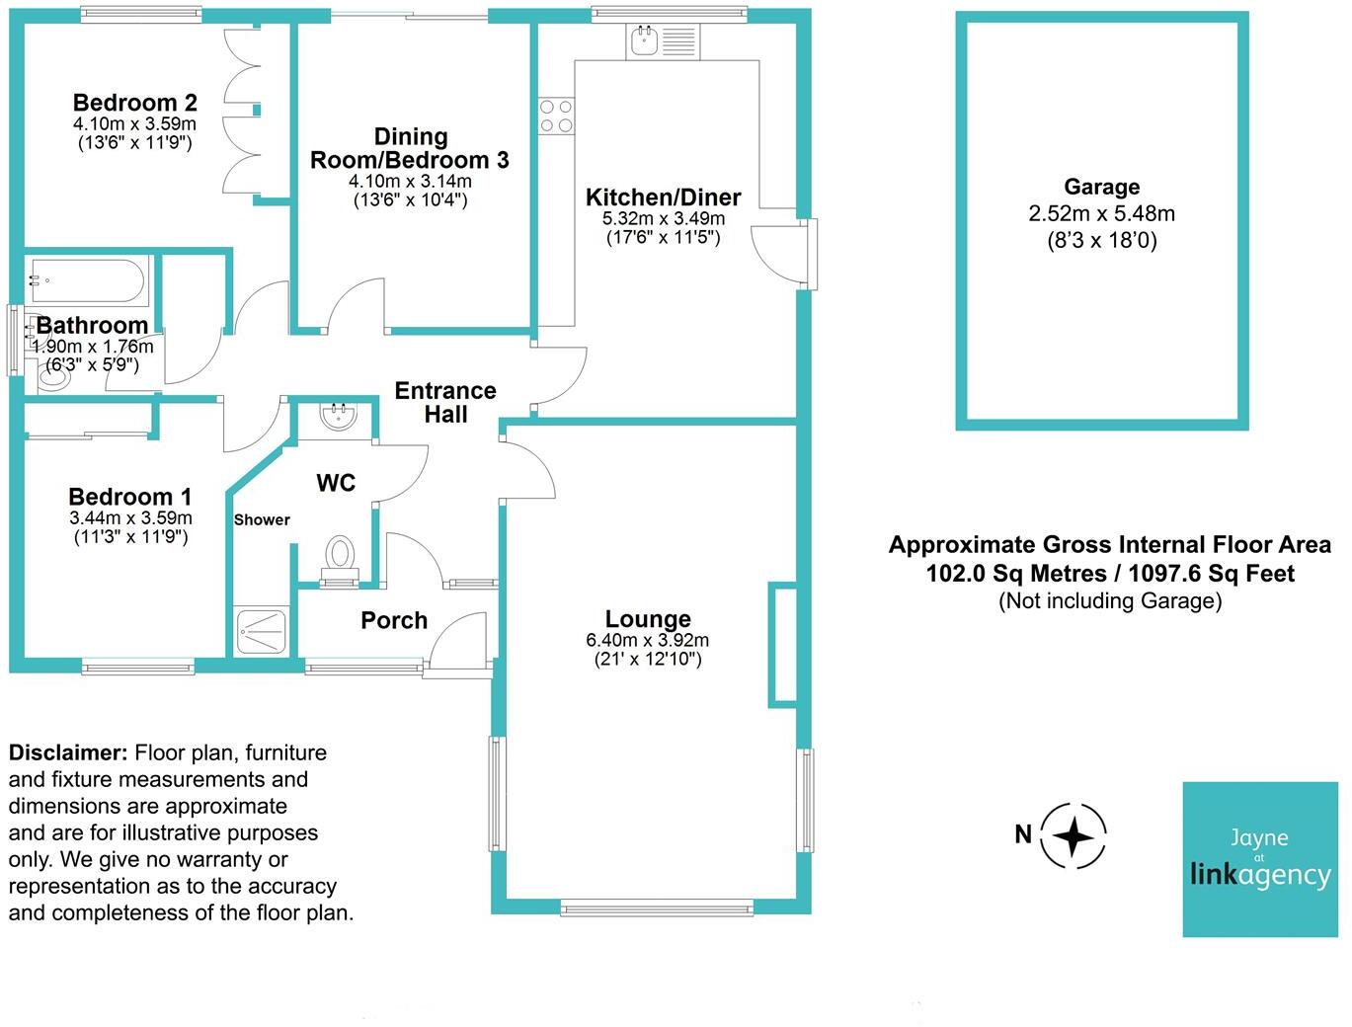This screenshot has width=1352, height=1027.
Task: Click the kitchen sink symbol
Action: click(662, 41)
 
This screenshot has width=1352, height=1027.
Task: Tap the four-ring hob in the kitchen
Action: click(556, 117)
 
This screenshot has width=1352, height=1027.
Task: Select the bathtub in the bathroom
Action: click(88, 281)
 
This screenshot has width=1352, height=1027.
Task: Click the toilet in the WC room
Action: click(340, 556)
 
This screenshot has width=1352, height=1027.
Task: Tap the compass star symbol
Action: click(1073, 836)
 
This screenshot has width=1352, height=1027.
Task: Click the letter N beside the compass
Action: click(1022, 834)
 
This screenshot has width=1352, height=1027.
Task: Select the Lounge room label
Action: click(647, 618)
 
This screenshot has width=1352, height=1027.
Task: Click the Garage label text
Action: click(1101, 186)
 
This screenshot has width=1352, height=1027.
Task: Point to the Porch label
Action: click(394, 620)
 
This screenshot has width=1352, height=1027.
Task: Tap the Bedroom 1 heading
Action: click(130, 497)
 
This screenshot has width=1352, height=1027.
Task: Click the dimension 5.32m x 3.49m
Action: click(664, 218)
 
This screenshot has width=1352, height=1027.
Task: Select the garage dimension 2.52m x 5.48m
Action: click(1101, 213)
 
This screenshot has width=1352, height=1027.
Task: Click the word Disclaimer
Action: click(68, 752)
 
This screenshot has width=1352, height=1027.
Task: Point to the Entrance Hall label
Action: click(445, 402)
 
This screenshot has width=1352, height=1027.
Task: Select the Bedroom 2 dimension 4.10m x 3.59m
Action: click(134, 123)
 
